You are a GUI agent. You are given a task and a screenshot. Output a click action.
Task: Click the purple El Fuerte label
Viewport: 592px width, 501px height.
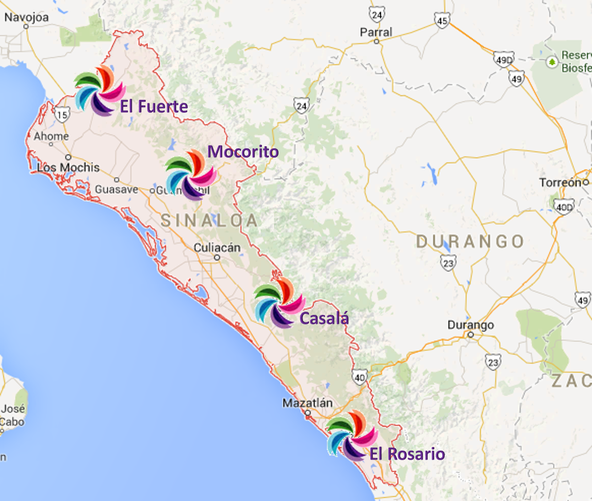click(x=154, y=107)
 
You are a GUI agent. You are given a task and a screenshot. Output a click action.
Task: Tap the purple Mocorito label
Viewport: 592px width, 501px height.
click(x=243, y=152)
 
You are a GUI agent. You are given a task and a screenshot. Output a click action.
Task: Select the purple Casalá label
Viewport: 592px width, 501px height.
click(x=323, y=318)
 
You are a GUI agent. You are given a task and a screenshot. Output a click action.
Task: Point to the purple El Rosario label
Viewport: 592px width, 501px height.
click(x=407, y=454)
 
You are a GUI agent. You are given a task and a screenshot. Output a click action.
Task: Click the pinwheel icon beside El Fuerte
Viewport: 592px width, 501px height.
click(x=99, y=90)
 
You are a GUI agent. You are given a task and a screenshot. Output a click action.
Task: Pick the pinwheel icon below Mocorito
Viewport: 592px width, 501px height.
click(x=191, y=175)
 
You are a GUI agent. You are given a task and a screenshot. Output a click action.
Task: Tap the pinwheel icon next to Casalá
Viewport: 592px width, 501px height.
click(x=279, y=303)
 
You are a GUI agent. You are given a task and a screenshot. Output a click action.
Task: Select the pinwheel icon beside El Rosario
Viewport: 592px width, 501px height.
click(x=352, y=436)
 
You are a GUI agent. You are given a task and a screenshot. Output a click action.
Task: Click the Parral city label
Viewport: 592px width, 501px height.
click(x=376, y=32)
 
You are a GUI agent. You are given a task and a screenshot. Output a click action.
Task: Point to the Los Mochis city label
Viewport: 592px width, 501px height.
click(x=68, y=168)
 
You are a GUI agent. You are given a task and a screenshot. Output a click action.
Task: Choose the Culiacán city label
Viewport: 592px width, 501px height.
click(x=217, y=248)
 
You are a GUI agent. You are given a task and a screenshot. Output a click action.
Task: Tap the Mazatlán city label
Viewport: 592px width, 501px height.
click(x=307, y=403)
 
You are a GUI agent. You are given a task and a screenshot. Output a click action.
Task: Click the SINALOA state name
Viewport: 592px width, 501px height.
click(x=210, y=220)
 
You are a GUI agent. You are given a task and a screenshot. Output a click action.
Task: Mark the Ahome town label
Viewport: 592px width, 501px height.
click(x=51, y=136)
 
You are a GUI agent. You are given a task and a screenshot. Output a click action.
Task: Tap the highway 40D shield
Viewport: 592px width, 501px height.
click(x=564, y=207)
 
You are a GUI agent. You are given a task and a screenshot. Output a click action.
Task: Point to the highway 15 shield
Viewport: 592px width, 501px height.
click(x=62, y=115)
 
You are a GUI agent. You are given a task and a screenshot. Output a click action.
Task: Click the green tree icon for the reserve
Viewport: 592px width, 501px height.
click(x=552, y=62)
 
